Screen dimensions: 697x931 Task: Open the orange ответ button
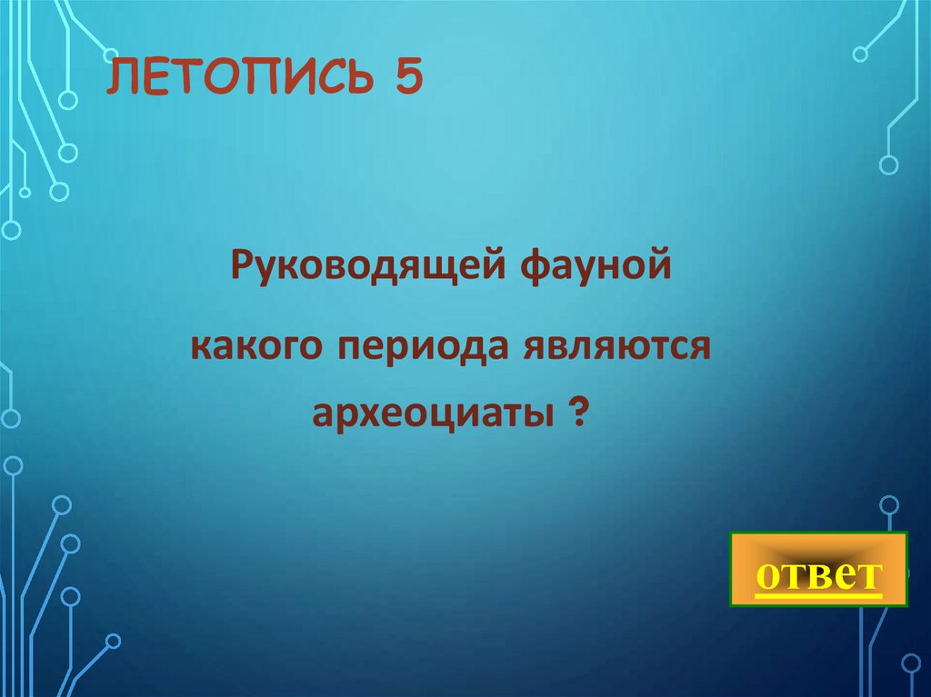tap(818, 570)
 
